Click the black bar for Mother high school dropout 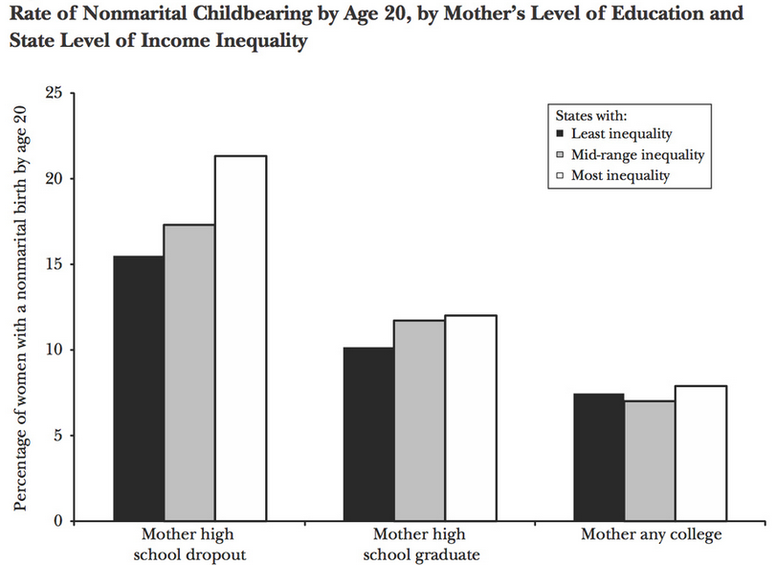tap(139, 388)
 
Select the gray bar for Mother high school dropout tap(189, 373)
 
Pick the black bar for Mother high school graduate tap(368, 434)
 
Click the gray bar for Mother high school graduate tap(419, 420)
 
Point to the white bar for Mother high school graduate tap(470, 418)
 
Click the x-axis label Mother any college tap(651, 534)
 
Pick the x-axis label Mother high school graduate tap(419, 543)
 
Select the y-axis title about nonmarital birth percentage tap(20, 306)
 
